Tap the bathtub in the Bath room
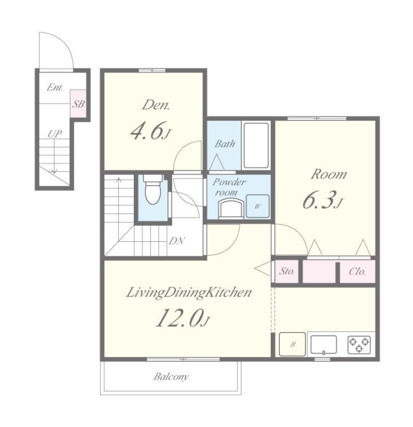256,145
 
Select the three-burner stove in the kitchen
359,345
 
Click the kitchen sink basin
324,345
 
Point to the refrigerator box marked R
293,344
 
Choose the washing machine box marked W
258,206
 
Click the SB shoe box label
78,104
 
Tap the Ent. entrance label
54,87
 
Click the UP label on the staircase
54,133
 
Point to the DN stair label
177,241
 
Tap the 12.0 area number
182,318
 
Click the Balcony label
171,376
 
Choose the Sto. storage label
287,271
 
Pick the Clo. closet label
357,271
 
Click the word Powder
229,182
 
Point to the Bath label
225,143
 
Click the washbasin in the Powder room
231,208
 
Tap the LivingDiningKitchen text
189,293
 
